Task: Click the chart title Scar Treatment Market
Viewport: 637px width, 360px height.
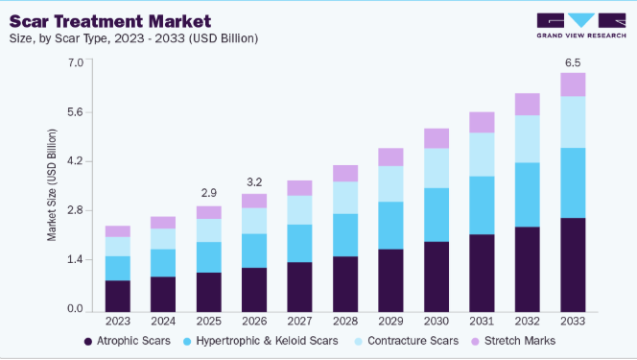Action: pyautogui.click(x=110, y=21)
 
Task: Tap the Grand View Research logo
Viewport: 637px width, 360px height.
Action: pyautogui.click(x=581, y=26)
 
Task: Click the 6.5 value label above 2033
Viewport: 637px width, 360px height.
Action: pyautogui.click(x=573, y=63)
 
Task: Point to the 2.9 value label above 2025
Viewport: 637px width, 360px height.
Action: pyautogui.click(x=209, y=193)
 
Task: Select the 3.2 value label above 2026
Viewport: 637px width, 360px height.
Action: pyautogui.click(x=254, y=182)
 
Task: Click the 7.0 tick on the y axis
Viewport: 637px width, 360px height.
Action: pyautogui.click(x=76, y=62)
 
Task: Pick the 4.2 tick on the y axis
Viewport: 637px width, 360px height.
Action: pyautogui.click(x=76, y=161)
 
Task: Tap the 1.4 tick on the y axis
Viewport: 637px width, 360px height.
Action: pyautogui.click(x=76, y=259)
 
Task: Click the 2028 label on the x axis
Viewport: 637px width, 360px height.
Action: pyautogui.click(x=345, y=322)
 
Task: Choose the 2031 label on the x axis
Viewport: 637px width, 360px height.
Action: pyautogui.click(x=482, y=322)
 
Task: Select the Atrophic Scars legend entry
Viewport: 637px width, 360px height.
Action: pyautogui.click(x=128, y=341)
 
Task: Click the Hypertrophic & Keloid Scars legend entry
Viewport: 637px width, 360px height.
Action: pyautogui.click(x=261, y=341)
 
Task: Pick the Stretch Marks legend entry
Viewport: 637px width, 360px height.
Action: pyautogui.click(x=513, y=341)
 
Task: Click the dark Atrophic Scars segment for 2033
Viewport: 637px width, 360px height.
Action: pyautogui.click(x=573, y=265)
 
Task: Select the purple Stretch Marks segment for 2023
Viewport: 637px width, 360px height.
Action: pyautogui.click(x=118, y=231)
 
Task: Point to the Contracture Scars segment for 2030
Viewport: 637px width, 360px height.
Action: pyautogui.click(x=436, y=168)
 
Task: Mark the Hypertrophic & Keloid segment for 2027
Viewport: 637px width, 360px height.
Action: pyautogui.click(x=300, y=244)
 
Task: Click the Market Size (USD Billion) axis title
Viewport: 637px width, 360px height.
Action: pyautogui.click(x=52, y=185)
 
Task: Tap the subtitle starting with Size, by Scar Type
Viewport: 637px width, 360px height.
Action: pyautogui.click(x=133, y=38)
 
